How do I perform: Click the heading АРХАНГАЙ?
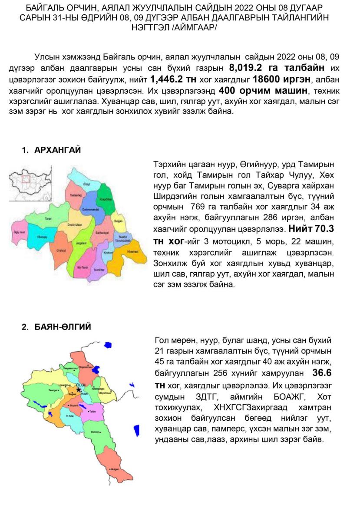[x=57, y=150]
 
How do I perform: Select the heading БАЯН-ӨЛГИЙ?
[x=63, y=327]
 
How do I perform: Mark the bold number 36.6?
[x=322, y=373]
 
